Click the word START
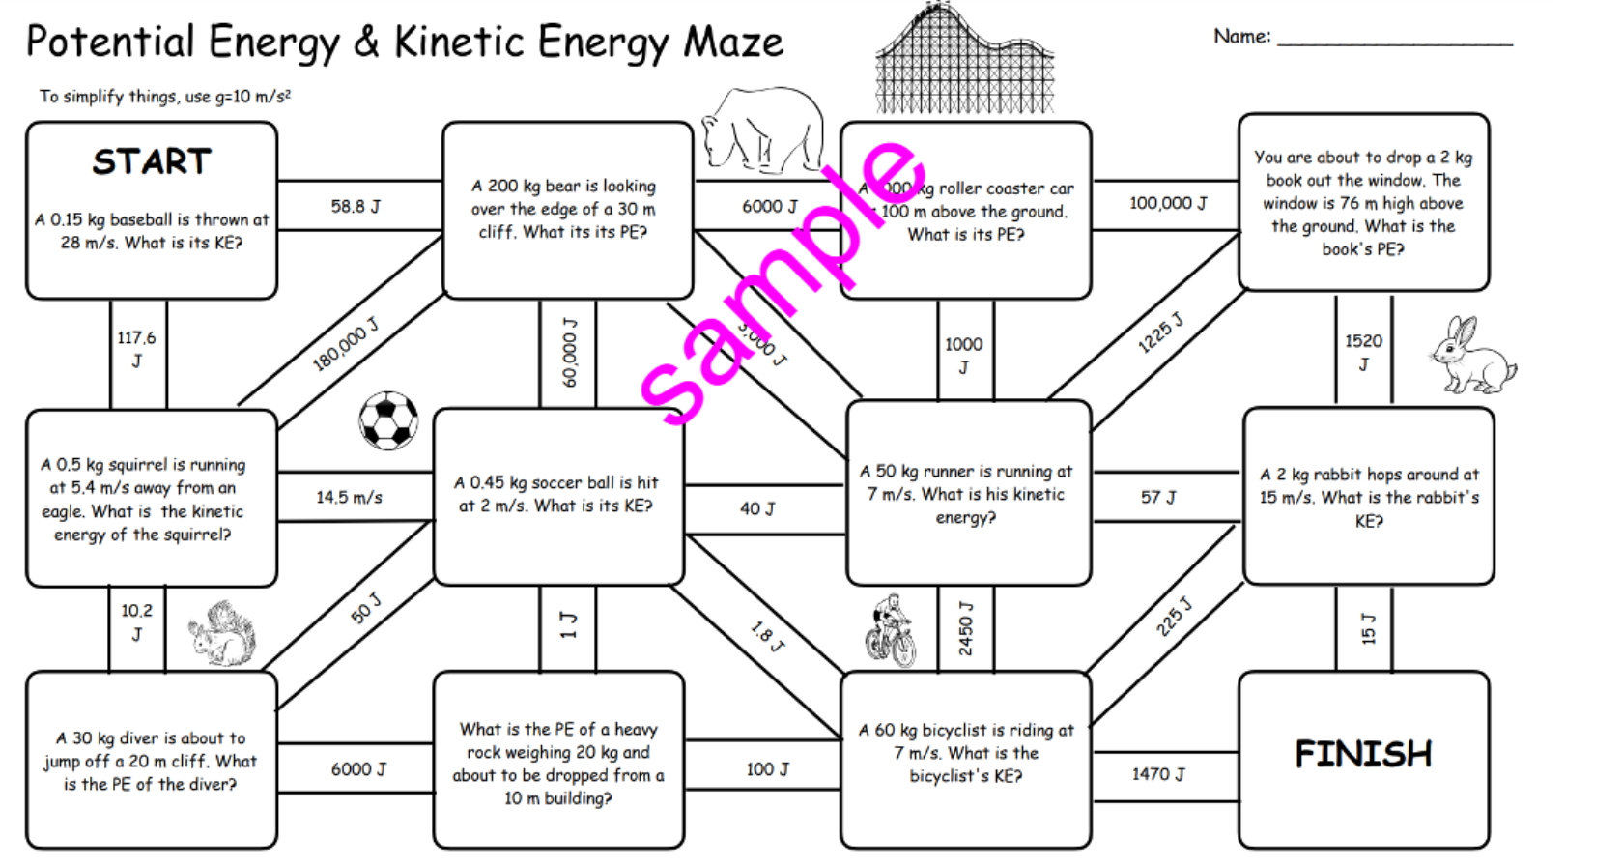point(152,161)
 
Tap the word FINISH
point(1363,754)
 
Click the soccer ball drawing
point(388,420)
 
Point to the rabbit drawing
point(1471,356)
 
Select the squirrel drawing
point(223,634)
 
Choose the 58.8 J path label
point(356,206)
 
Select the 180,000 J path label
point(345,345)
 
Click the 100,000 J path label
point(1168,203)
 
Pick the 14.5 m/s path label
point(349,497)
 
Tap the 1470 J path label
point(1158,773)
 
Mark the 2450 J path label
point(965,628)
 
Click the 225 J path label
point(1174,618)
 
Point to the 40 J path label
point(757,508)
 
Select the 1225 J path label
point(1160,332)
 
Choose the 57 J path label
point(1158,497)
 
